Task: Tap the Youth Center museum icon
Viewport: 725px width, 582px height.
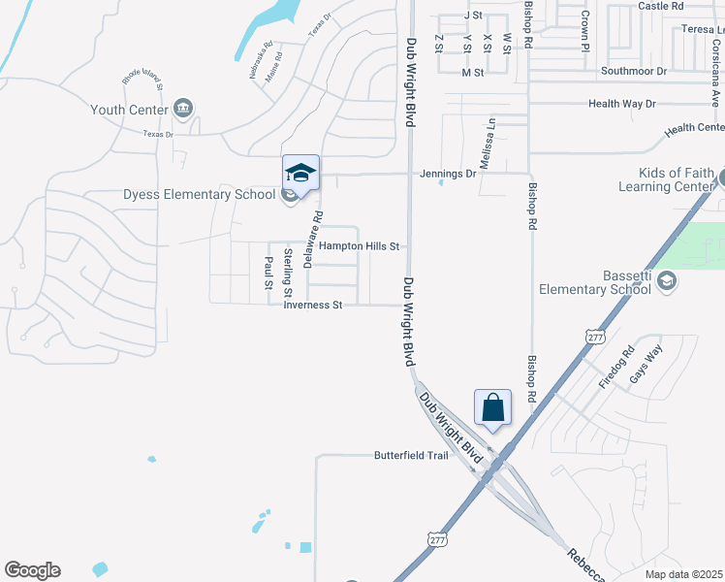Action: pyautogui.click(x=184, y=109)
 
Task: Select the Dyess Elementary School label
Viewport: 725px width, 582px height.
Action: pyautogui.click(x=200, y=194)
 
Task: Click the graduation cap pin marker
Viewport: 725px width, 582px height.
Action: pyautogui.click(x=300, y=174)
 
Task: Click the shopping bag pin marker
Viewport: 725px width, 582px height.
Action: pyautogui.click(x=492, y=406)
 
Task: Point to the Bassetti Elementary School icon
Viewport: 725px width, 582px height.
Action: pyautogui.click(x=666, y=280)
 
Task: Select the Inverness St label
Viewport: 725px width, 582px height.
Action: pyautogui.click(x=313, y=305)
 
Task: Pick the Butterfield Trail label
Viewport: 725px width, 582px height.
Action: pyautogui.click(x=411, y=455)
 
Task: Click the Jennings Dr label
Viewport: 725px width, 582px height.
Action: pyautogui.click(x=448, y=174)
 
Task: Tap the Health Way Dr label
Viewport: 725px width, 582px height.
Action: pyautogui.click(x=622, y=104)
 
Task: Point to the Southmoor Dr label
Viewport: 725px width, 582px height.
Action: pyautogui.click(x=634, y=71)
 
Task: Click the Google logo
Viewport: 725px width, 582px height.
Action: pyautogui.click(x=32, y=570)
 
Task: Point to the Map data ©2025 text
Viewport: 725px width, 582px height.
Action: pyautogui.click(x=683, y=574)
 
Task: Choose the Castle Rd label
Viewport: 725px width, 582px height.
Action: pyautogui.click(x=662, y=6)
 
